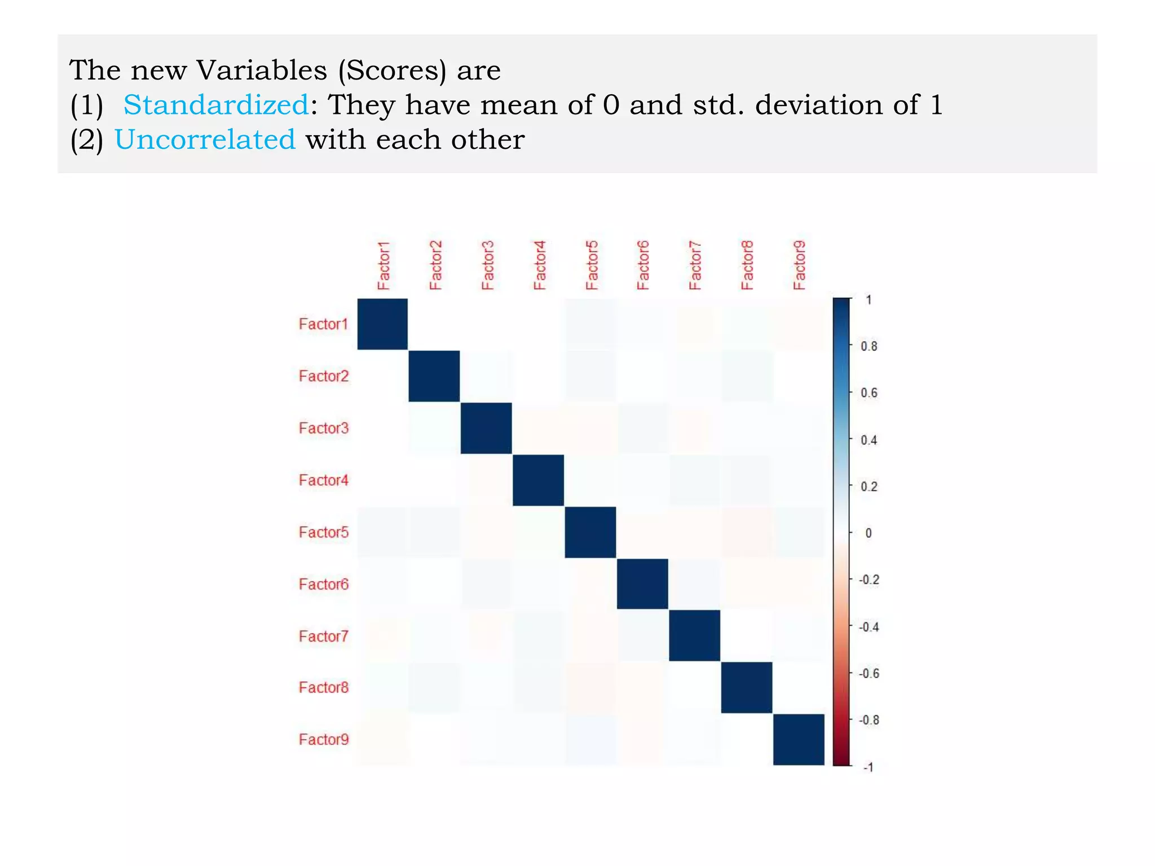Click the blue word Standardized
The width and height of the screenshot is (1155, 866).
[215, 105]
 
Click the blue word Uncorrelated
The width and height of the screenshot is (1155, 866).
[205, 139]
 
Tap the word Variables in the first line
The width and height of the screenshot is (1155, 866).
[261, 70]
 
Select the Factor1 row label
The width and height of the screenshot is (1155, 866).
[323, 324]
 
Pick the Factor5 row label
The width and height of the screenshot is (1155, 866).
[323, 532]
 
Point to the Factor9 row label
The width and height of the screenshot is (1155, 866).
[323, 739]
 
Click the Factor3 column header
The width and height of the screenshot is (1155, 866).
[487, 266]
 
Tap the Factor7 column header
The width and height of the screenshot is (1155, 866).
[695, 266]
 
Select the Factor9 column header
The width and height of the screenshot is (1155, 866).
[799, 266]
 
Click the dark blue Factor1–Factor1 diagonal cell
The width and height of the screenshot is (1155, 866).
[382, 324]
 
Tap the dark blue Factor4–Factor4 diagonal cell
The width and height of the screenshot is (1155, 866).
[538, 480]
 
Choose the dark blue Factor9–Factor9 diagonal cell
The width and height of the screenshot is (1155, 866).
[799, 739]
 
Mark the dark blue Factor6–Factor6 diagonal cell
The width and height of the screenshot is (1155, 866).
[642, 584]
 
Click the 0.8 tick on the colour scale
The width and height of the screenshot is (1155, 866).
[869, 346]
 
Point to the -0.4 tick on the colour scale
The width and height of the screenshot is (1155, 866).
[869, 627]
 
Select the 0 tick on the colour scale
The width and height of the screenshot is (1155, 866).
[869, 533]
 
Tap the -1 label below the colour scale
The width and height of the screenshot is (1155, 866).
[869, 767]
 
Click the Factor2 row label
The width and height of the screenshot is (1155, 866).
[323, 376]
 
